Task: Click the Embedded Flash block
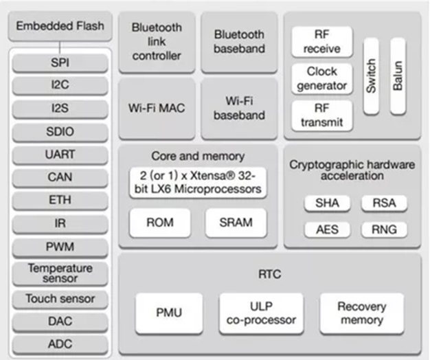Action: click(60, 26)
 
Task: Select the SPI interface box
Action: click(60, 63)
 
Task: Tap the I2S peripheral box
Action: click(60, 109)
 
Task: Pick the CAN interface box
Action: click(60, 177)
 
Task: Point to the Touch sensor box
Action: click(60, 299)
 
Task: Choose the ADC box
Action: click(60, 344)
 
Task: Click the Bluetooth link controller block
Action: click(157, 42)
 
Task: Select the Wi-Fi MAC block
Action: click(157, 109)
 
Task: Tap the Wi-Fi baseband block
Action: click(239, 109)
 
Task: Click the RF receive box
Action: click(322, 42)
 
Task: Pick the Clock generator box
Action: click(322, 79)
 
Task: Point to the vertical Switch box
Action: click(371, 76)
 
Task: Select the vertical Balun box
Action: click(398, 76)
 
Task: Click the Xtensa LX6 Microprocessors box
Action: click(198, 183)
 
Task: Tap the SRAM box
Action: click(236, 223)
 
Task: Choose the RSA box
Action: click(384, 203)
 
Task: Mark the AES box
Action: click(327, 229)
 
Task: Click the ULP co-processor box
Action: click(261, 313)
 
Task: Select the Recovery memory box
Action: click(362, 313)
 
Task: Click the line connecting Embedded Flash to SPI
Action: click(60, 47)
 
